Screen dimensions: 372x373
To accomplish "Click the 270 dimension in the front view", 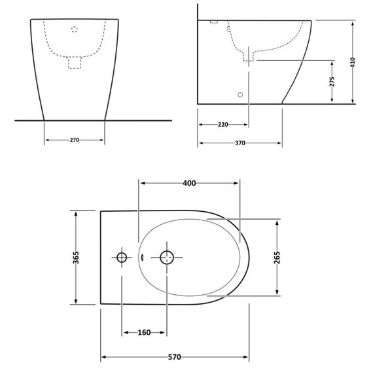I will [75, 140].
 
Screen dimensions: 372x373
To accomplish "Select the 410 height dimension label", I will [352, 62].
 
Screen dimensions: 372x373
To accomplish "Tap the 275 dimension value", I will [332, 81].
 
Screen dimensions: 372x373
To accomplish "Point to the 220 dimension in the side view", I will [222, 124].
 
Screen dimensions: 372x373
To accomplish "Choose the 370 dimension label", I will [240, 143].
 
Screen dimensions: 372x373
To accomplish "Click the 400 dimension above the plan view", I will [189, 184].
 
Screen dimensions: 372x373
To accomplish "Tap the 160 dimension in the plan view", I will [144, 333].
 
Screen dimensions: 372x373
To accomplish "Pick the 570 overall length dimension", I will [174, 358].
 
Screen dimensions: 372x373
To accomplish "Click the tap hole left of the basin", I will [121, 257].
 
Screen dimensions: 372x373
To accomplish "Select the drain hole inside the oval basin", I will [168, 257].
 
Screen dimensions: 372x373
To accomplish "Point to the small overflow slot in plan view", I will [140, 257].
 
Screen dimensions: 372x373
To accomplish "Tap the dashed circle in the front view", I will [74, 29].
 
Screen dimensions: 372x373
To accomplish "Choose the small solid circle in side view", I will [240, 95].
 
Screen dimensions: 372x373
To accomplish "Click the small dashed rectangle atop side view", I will [213, 22].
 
